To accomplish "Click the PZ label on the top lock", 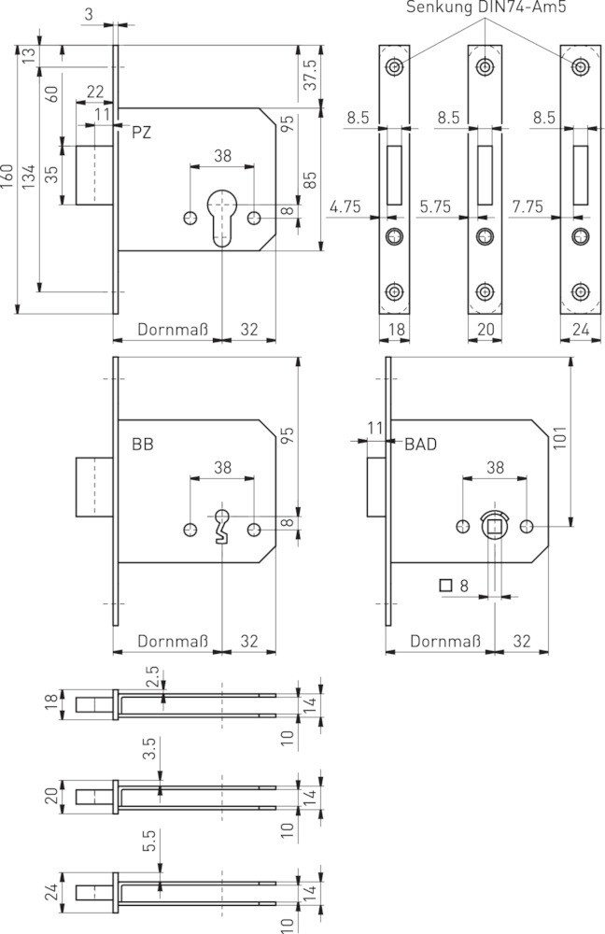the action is (x=142, y=133).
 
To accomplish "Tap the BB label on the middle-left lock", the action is (x=142, y=445).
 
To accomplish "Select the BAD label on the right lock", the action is (x=420, y=444).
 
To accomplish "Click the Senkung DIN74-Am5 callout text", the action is (x=485, y=7).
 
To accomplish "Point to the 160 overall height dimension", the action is (x=7, y=177).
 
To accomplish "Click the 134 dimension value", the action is (x=28, y=177).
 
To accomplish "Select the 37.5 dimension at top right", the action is (x=310, y=75).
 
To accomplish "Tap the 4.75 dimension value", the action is (x=345, y=206).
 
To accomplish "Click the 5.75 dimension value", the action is (x=435, y=206).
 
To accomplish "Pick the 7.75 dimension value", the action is (x=528, y=206).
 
